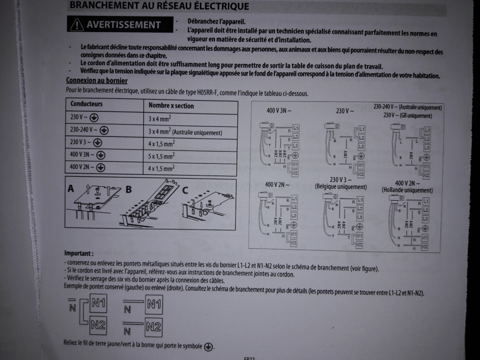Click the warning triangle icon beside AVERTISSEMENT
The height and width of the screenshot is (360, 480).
[x=77, y=25]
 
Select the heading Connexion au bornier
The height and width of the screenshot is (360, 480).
[x=97, y=81]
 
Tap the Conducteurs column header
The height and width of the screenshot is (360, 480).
[x=86, y=104]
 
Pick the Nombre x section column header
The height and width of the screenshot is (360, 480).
[x=171, y=106]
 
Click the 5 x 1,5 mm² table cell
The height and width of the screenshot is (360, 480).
[x=161, y=156]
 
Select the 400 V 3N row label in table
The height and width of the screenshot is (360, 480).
[x=82, y=154]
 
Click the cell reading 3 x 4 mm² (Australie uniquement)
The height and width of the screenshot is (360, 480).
[x=185, y=132]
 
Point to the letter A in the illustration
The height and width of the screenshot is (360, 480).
[x=71, y=188]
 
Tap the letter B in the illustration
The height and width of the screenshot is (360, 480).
[x=129, y=189]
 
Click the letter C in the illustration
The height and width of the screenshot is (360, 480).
[x=185, y=190]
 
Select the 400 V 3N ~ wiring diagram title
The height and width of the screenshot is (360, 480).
[x=279, y=111]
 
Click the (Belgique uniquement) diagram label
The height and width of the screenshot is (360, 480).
[x=340, y=187]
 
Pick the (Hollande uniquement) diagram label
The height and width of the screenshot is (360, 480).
[x=407, y=190]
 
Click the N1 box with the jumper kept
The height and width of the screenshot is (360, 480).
[x=98, y=303]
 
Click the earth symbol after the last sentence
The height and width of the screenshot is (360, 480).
[x=208, y=347]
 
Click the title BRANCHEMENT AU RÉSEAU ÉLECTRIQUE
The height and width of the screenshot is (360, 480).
[x=159, y=6]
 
